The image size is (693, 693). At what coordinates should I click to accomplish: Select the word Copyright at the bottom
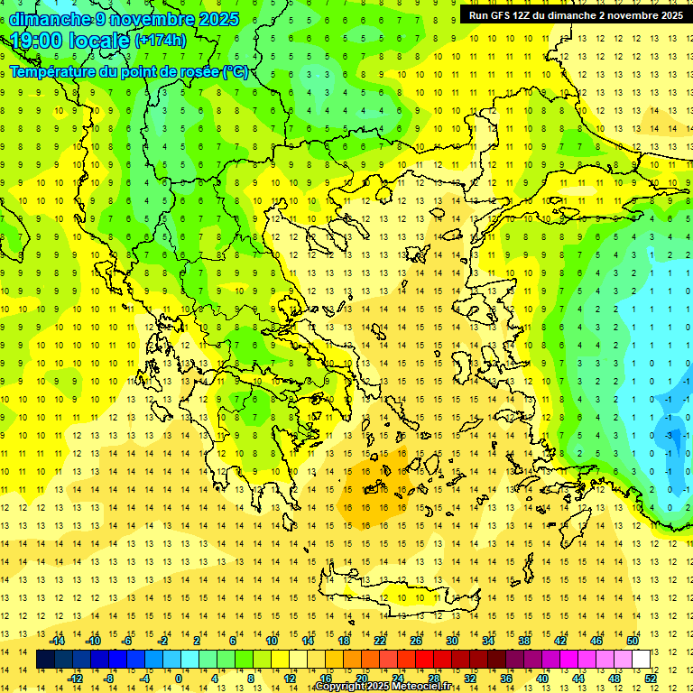341,687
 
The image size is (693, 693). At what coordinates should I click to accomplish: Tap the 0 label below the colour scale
179,679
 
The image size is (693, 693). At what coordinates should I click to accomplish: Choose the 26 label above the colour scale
416,641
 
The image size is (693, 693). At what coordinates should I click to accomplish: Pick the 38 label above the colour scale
523,641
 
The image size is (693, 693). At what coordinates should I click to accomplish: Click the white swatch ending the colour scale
641,660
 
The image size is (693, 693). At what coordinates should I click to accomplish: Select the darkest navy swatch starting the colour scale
45,660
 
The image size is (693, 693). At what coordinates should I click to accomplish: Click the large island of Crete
388,597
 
